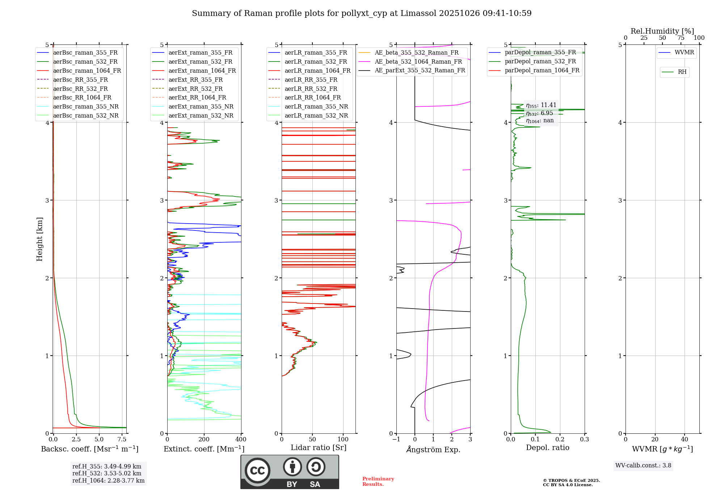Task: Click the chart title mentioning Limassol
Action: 362,13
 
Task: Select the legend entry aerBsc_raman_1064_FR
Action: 87,71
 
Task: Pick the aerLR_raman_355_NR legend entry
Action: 316,106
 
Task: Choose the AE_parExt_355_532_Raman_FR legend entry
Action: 420,70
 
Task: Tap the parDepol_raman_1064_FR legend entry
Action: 542,70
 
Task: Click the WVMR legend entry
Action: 684,52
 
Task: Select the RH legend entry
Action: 682,72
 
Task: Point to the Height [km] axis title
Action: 39,239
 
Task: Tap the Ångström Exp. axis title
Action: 433,449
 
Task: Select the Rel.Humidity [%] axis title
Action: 662,31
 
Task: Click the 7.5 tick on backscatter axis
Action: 122,440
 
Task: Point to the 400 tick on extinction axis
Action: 241,440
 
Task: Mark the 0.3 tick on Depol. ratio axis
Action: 584,440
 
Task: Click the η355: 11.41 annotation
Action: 541,105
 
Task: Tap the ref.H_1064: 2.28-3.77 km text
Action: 108,480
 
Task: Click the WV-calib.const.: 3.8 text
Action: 643,466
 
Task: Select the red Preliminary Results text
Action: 378,481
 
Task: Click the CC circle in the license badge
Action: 257,470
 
